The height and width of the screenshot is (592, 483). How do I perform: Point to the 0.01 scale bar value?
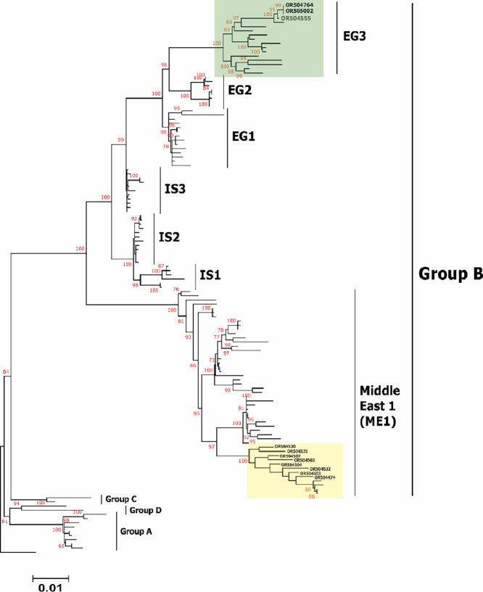(x=50, y=585)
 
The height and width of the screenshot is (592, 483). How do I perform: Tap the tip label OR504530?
(x=287, y=446)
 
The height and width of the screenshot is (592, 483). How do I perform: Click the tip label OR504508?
(x=304, y=460)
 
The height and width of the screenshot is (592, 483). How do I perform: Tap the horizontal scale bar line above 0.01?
(x=50, y=577)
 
